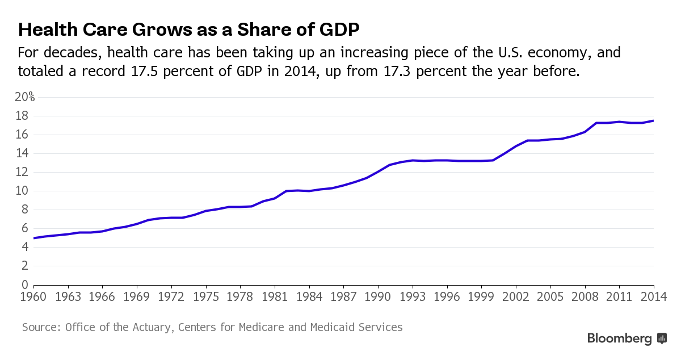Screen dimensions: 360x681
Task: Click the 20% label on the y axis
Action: click(x=24, y=97)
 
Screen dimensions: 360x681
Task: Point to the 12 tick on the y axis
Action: click(x=22, y=172)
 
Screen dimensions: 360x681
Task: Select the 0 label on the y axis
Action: click(x=25, y=284)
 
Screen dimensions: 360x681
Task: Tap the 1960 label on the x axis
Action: click(x=34, y=296)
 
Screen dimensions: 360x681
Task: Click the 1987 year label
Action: click(x=344, y=296)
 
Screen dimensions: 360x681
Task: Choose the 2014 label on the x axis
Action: click(x=654, y=296)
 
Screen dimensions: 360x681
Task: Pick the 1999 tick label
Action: click(x=481, y=296)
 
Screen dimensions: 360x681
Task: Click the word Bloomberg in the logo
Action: click(x=619, y=339)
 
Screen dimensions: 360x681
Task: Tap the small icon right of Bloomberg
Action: click(x=662, y=338)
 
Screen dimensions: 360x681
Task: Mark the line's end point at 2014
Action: click(x=654, y=120)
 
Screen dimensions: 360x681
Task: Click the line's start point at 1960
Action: click(x=34, y=238)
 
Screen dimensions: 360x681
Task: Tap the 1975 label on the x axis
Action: click(x=206, y=296)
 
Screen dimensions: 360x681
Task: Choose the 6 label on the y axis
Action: click(x=25, y=228)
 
